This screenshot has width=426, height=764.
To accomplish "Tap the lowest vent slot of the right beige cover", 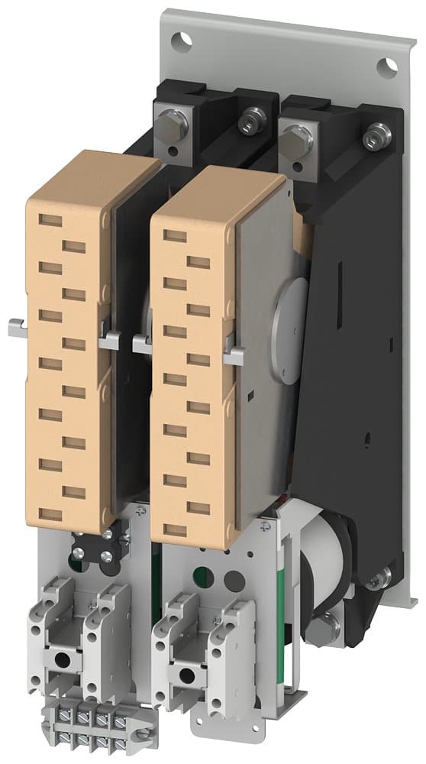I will point(174,529).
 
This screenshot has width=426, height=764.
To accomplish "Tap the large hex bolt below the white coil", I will point(320,629).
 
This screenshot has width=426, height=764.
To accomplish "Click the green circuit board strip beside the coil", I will point(289,604).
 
